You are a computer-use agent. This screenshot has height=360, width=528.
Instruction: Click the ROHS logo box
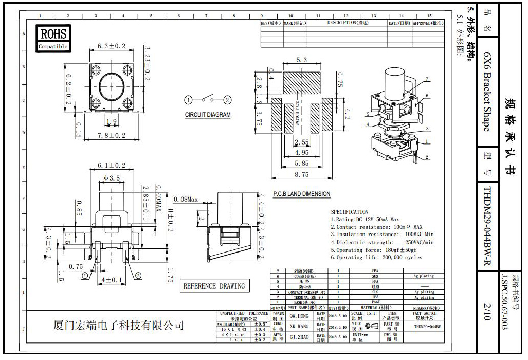tap(53, 38)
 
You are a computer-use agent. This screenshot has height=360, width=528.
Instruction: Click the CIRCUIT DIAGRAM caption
tap(208, 115)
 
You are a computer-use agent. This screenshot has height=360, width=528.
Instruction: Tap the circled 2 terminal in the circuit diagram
tap(227, 100)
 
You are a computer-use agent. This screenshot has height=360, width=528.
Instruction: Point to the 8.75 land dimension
tap(302, 174)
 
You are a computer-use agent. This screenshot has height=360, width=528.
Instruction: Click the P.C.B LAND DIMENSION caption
tap(301, 194)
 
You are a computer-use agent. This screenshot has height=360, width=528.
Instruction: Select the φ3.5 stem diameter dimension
tap(111, 178)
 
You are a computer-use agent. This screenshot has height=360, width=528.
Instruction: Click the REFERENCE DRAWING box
tap(214, 286)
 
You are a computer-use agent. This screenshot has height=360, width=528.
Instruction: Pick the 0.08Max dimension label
tap(186, 199)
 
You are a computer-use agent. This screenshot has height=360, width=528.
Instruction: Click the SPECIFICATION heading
tap(349, 212)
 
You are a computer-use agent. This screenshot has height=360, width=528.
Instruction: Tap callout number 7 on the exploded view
tap(426, 79)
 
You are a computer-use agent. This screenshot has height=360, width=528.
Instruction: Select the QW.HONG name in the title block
tap(299, 316)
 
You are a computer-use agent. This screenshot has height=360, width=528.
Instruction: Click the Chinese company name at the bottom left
tap(119, 326)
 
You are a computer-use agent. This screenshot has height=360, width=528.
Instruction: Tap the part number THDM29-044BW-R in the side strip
tap(488, 227)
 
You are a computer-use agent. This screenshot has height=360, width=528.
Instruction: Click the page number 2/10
tap(488, 311)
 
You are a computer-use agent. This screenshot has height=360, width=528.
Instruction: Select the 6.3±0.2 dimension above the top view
tap(111, 46)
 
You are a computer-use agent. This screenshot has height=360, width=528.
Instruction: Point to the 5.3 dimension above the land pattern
tap(301, 60)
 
